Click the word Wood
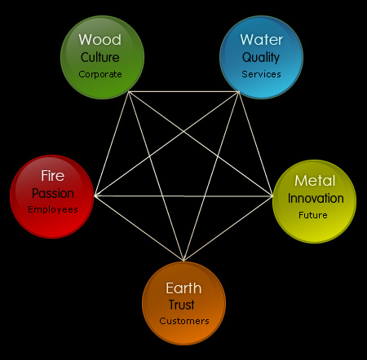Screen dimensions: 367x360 point(100,40)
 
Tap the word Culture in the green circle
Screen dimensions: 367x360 point(100,57)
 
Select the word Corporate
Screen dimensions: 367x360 point(100,74)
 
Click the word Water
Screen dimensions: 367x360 point(261,40)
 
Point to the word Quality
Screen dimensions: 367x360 point(261,58)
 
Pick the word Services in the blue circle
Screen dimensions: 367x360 point(261,74)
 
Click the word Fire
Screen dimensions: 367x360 point(53,176)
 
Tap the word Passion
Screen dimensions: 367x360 point(53,193)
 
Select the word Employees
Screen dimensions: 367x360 point(53,209)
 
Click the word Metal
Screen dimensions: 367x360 point(315,181)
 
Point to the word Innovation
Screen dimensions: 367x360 point(316,198)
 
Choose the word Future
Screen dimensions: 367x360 point(313,215)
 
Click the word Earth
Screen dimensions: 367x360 point(183,288)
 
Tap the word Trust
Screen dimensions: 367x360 point(181,305)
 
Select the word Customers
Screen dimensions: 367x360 point(184,321)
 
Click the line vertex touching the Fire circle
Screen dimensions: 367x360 point(95,195)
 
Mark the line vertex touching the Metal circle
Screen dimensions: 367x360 point(272,195)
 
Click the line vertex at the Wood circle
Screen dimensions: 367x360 point(129,92)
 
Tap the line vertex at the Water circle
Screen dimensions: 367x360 point(239,92)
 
